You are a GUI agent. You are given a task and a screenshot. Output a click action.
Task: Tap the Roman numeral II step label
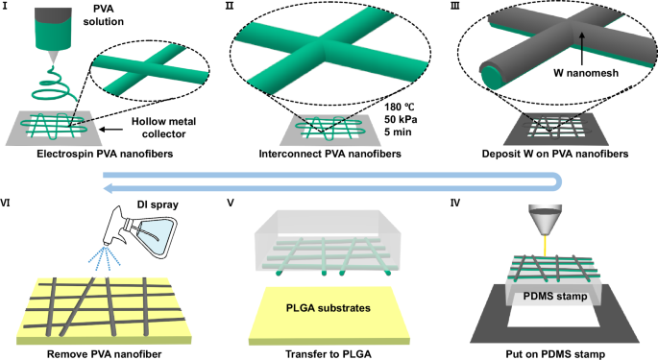click(229, 7)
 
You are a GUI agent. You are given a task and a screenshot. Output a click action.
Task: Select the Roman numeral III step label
click(451, 7)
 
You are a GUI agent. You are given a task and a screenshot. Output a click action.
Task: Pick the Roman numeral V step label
click(230, 204)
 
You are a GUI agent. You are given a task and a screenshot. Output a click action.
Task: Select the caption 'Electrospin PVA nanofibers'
click(96, 154)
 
